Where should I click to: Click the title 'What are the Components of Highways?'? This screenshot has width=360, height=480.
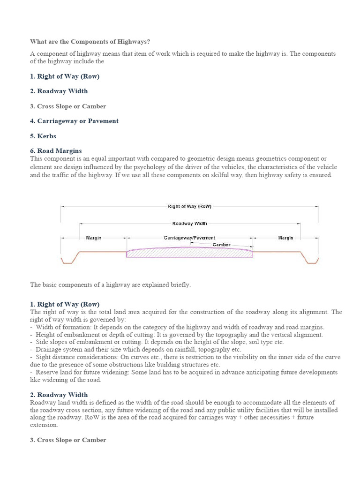tap(90, 42)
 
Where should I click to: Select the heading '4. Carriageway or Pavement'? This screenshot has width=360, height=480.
tap(75, 121)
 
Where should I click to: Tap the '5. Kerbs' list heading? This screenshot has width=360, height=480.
tap(43, 136)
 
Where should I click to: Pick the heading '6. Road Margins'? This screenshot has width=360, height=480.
tap(56, 151)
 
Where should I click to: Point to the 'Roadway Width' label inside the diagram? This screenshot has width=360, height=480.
tap(189, 224)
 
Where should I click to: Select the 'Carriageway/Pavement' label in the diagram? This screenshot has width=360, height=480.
tap(189, 238)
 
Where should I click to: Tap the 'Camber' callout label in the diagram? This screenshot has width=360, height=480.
tap(221, 245)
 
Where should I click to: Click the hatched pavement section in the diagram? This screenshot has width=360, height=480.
tap(189, 253)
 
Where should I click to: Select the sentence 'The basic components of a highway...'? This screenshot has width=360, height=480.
tap(111, 285)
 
